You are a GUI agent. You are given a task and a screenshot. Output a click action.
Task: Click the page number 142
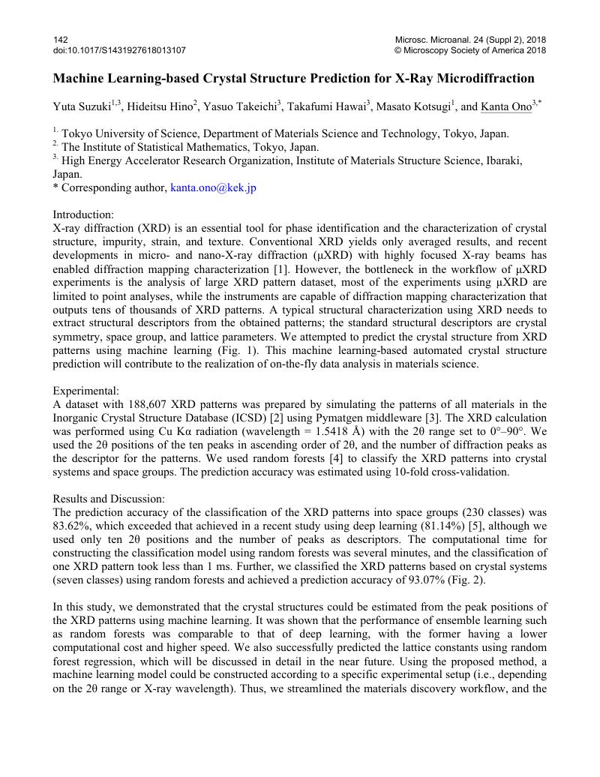tap(60, 38)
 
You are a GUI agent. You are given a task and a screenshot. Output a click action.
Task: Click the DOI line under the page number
tap(119, 50)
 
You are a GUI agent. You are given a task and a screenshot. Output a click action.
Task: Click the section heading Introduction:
tap(83, 215)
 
